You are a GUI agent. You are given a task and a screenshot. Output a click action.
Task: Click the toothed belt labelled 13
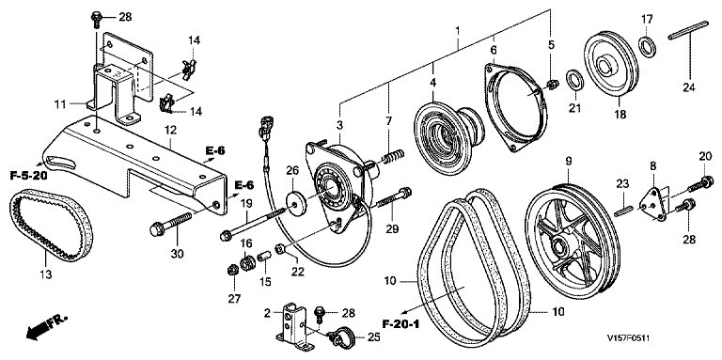coord(20,215)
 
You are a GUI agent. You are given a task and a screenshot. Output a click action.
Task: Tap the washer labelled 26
coord(297,202)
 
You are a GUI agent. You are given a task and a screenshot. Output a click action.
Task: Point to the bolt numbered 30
coord(171,223)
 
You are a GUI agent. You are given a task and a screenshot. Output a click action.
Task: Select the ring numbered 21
coord(574,80)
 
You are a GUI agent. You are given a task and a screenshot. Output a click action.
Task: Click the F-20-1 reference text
coord(400,324)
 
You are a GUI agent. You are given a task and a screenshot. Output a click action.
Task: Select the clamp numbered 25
coord(340,337)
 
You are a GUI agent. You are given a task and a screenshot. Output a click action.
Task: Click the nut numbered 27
coord(232,270)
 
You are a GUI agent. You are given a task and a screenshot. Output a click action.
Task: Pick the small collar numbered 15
coord(263,256)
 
